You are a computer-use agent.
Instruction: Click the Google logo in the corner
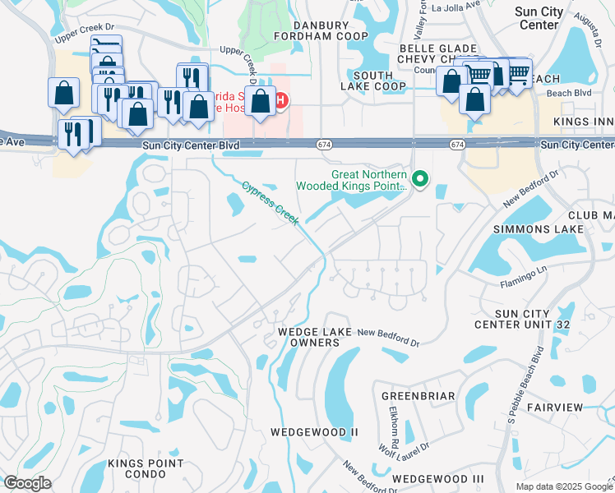tap(26, 483)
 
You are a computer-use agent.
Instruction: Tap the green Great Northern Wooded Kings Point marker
tap(421, 178)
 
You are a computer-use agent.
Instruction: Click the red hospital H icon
tap(280, 102)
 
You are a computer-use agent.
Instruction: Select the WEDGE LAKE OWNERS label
tap(303, 337)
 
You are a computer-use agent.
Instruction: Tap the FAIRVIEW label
tap(554, 408)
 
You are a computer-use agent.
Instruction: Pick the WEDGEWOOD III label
tap(438, 478)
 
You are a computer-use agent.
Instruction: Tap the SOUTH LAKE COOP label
tap(373, 80)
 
